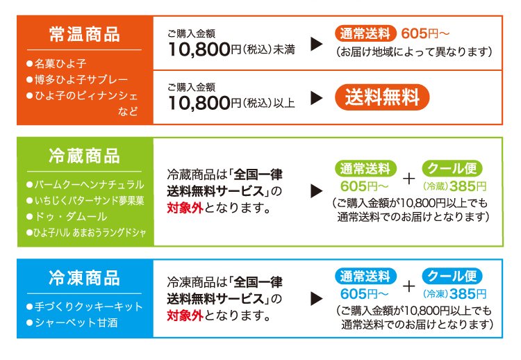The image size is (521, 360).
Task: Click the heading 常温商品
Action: click(84, 34)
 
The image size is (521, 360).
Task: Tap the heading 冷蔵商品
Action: click(84, 156)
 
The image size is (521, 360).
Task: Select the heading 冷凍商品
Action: click(84, 278)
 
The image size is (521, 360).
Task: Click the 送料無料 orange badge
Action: click(382, 97)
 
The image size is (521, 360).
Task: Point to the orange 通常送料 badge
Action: click(365, 33)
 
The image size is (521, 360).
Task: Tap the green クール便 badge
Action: click(452, 168)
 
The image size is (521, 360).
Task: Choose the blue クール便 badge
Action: click(452, 276)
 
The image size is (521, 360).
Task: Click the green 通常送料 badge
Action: click(365, 168)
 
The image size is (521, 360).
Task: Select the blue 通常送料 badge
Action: click(365, 277)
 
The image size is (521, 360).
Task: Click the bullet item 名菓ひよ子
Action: click(56, 63)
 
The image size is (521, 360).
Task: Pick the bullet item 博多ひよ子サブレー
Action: click(77, 79)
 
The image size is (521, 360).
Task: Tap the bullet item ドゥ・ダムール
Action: click(67, 217)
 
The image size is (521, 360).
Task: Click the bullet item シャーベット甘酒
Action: click(72, 322)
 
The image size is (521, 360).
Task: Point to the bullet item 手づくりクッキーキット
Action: click(85, 306)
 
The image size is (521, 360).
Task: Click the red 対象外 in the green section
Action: click(185, 208)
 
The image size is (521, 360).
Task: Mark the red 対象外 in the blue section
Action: click(185, 316)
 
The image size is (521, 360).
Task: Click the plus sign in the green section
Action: click(408, 179)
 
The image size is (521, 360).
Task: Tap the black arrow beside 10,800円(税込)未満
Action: click(317, 44)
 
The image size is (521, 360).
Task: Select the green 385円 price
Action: click(468, 186)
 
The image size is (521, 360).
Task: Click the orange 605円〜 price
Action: click(425, 33)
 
